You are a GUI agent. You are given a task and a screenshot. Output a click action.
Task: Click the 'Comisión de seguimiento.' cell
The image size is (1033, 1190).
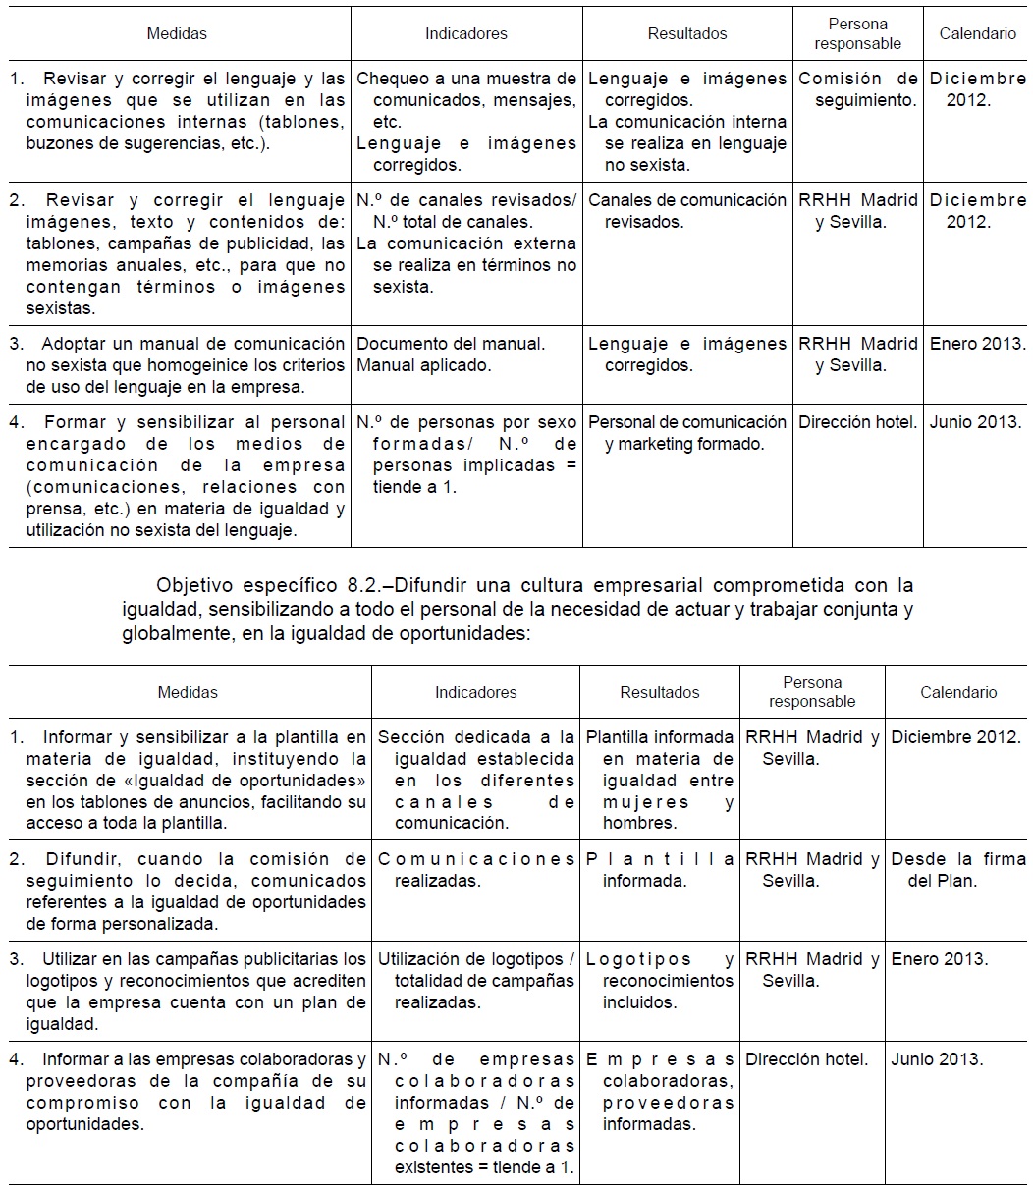pyautogui.click(x=858, y=89)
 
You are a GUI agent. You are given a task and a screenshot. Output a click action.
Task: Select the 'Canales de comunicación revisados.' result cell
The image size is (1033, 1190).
pyautogui.click(x=687, y=211)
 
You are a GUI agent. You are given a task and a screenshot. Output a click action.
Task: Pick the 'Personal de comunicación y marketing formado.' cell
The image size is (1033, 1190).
pyautogui.click(x=687, y=433)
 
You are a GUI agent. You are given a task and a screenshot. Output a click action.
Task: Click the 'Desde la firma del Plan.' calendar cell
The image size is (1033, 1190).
pyautogui.click(x=957, y=870)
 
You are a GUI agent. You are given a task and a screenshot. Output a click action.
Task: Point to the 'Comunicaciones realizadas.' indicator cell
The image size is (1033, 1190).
pyautogui.click(x=475, y=870)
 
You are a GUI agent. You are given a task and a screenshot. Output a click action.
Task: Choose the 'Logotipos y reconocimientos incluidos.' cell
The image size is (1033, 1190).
pyautogui.click(x=660, y=981)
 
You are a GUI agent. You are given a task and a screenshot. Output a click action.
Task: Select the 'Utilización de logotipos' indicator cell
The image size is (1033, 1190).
pyautogui.click(x=475, y=981)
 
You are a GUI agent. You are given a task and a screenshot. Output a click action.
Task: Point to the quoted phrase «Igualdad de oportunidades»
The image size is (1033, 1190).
pyautogui.click(x=271, y=781)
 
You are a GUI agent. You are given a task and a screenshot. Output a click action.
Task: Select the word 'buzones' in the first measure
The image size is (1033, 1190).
pyautogui.click(x=57, y=143)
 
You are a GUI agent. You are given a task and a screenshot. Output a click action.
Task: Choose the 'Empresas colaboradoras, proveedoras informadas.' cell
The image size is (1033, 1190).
pyautogui.click(x=660, y=1092)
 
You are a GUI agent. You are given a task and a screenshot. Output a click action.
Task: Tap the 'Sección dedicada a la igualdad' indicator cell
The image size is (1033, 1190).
pyautogui.click(x=475, y=781)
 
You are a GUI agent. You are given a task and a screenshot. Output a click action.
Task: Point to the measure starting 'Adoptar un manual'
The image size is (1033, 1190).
pyautogui.click(x=178, y=365)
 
